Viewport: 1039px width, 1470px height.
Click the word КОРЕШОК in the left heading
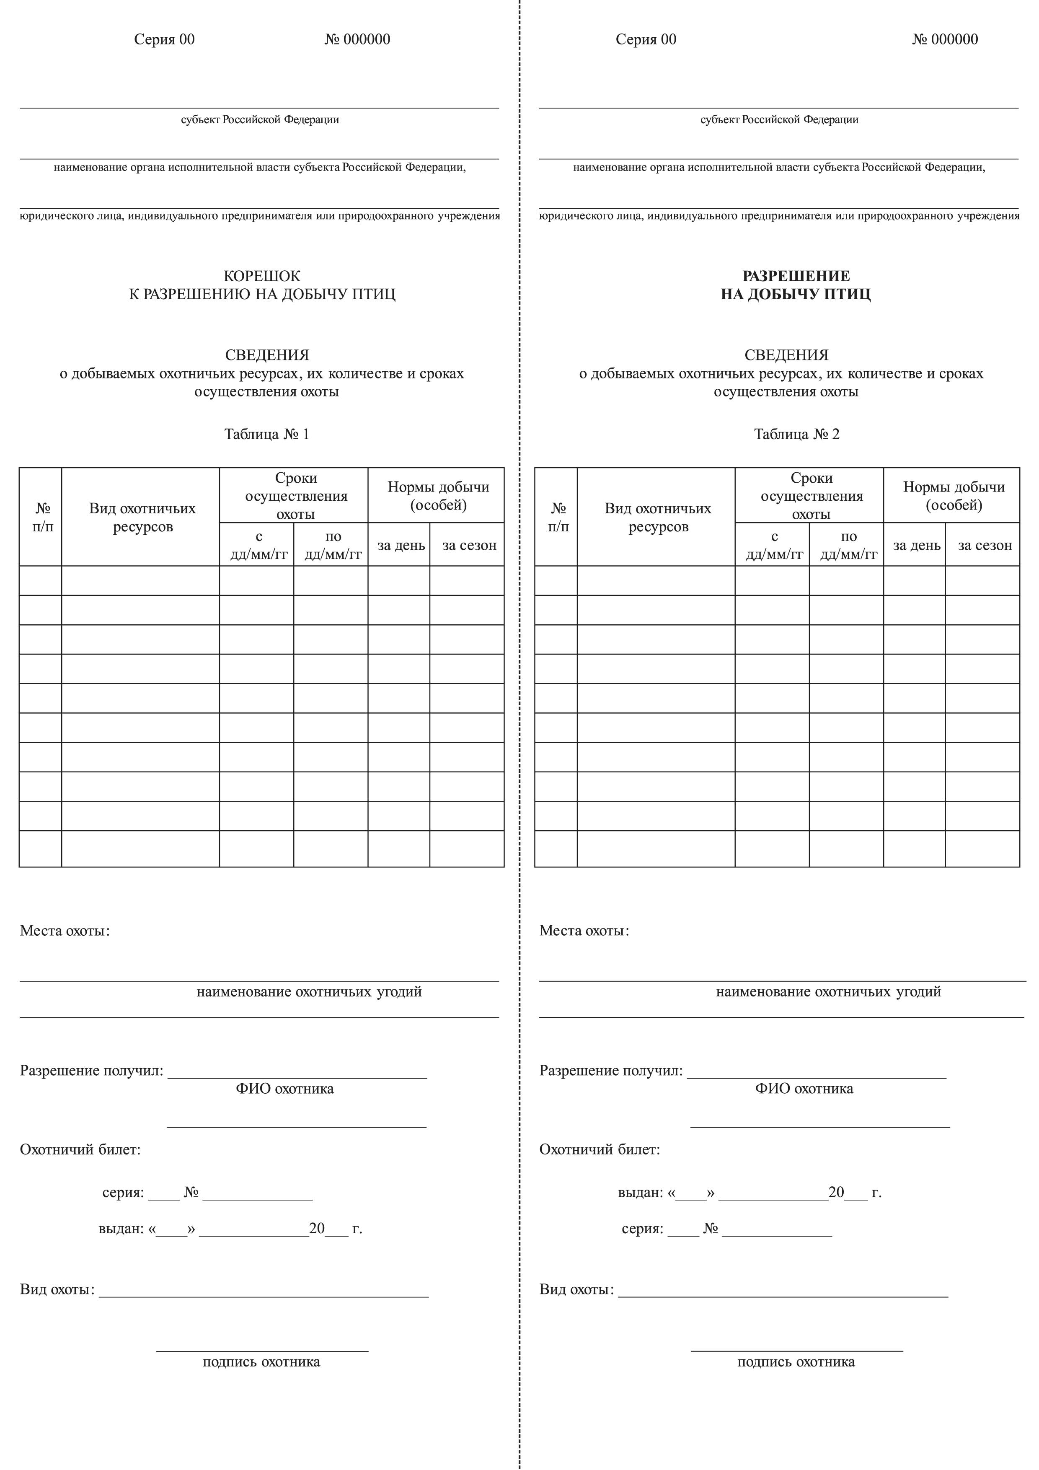point(262,276)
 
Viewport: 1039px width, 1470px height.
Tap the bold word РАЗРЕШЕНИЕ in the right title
point(796,276)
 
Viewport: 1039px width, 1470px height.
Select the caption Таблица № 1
point(266,434)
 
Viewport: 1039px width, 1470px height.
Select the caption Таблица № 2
point(796,434)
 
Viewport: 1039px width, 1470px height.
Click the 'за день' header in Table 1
point(401,546)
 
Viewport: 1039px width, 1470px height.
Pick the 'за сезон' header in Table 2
point(985,546)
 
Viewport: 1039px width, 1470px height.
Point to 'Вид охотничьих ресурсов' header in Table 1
point(142,518)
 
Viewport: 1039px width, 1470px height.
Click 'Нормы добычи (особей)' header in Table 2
point(954,496)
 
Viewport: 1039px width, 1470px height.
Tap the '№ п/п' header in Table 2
point(558,518)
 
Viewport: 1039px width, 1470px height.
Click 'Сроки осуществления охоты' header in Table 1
point(296,496)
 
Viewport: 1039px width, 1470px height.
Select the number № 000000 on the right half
point(945,40)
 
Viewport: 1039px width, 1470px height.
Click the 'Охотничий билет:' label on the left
point(80,1149)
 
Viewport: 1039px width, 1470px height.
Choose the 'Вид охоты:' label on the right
point(576,1289)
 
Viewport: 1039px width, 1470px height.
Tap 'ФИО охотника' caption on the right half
point(804,1088)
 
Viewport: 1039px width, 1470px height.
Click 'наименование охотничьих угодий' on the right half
point(828,992)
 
